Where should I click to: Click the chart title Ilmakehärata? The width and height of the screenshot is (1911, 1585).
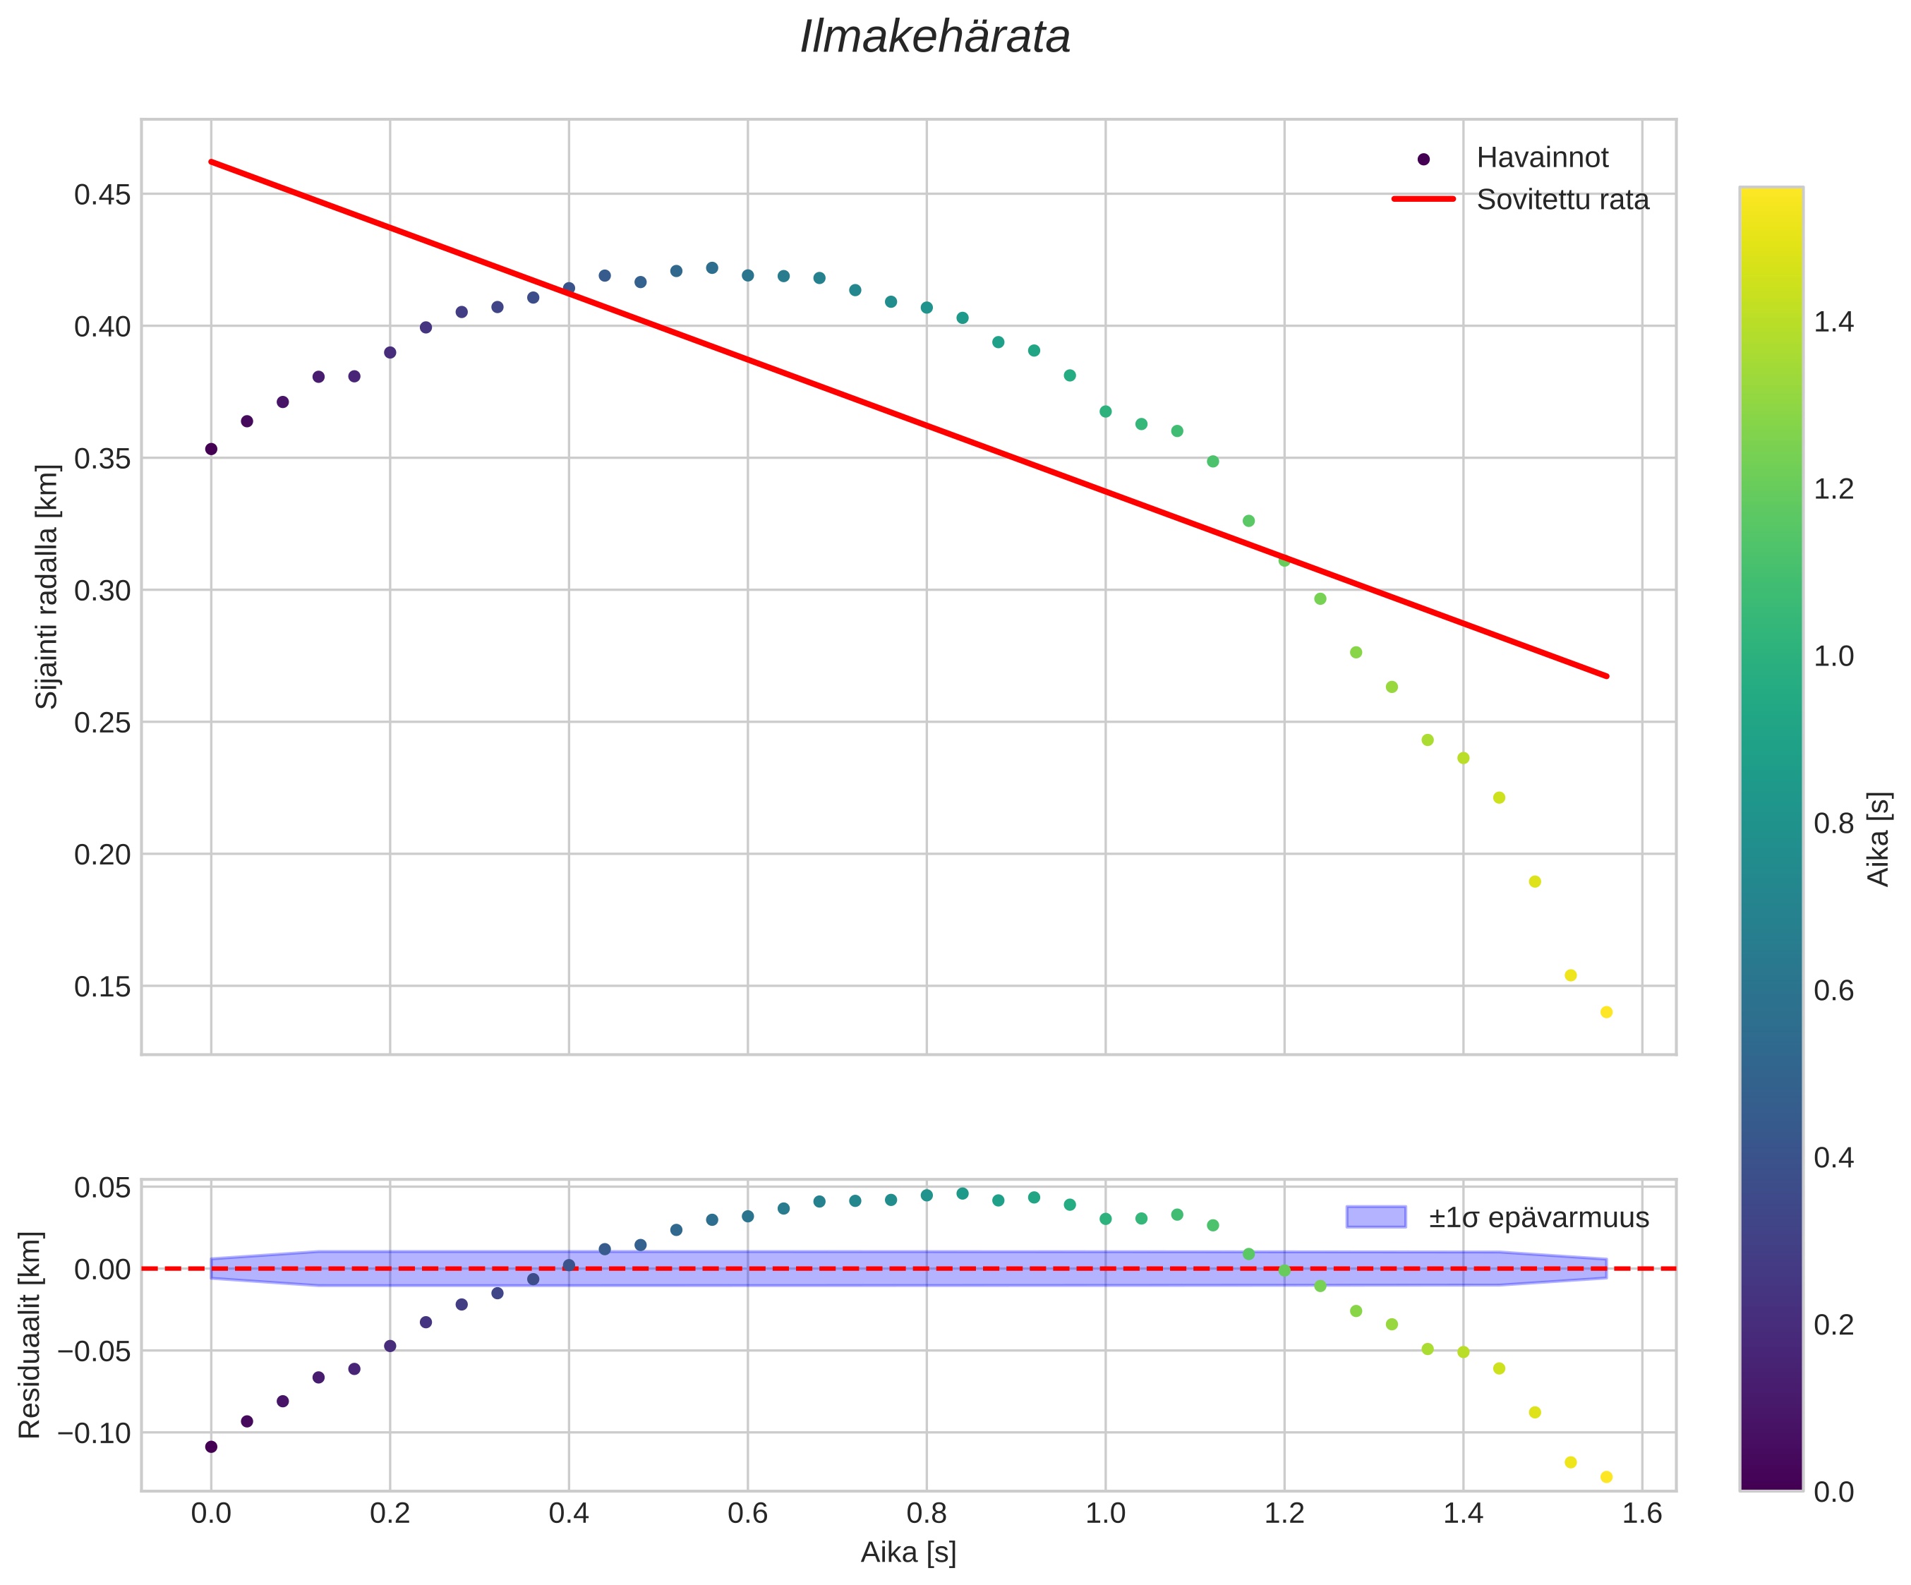click(934, 38)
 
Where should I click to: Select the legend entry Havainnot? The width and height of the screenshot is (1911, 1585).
click(1541, 158)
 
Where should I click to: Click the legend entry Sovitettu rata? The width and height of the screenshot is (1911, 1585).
click(1562, 199)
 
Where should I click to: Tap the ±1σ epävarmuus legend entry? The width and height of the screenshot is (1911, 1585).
click(1538, 1217)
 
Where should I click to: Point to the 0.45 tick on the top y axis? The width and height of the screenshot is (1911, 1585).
click(102, 195)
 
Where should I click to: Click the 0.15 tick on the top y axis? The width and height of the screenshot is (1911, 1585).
click(102, 987)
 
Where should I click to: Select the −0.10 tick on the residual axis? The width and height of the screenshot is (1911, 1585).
click(95, 1433)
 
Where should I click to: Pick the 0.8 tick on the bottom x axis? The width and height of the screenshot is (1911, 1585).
click(927, 1514)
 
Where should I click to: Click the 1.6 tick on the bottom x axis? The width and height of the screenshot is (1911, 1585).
click(1641, 1514)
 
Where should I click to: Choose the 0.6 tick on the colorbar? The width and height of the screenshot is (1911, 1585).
click(1833, 990)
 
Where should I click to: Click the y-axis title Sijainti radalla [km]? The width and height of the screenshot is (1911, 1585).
click(47, 587)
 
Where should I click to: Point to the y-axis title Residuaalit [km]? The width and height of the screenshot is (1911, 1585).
click(30, 1334)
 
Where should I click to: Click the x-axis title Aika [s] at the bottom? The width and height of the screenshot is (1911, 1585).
click(908, 1553)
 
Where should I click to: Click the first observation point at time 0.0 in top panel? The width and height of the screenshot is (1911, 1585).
click(211, 449)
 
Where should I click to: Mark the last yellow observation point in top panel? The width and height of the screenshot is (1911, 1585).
click(1606, 1013)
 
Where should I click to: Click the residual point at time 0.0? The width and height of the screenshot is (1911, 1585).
click(211, 1447)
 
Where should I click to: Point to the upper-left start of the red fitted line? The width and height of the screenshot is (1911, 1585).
click(212, 162)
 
